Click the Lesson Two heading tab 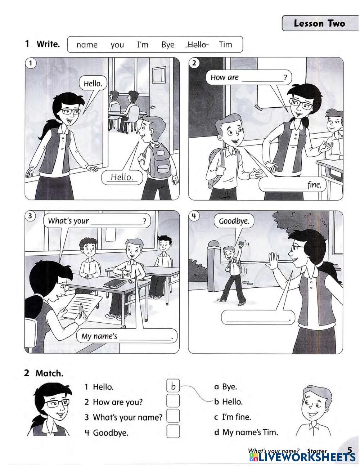click(321, 23)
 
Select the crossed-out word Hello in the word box click(197, 45)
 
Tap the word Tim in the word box click(225, 44)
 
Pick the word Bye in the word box click(168, 45)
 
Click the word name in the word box click(87, 45)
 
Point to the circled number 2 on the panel click(194, 63)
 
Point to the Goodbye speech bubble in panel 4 click(234, 221)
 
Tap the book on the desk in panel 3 click(115, 283)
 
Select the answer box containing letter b click(173, 386)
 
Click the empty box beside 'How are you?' click(173, 402)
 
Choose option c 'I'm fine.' click(233, 417)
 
